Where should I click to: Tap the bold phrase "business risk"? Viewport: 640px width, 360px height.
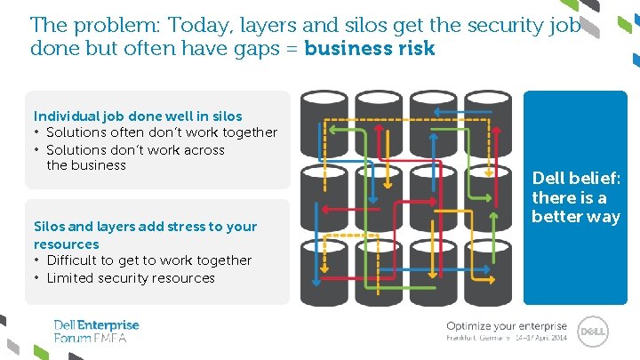click(x=370, y=49)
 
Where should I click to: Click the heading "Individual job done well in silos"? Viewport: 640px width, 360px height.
click(x=138, y=116)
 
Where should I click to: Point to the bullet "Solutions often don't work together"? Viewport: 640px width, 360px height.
click(x=162, y=132)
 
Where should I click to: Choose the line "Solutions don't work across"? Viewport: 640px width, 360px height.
click(x=135, y=149)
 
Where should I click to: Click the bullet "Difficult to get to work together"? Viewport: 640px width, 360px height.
click(x=148, y=260)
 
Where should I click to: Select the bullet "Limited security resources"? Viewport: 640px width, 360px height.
click(x=131, y=277)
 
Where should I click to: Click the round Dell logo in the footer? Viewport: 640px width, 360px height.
click(x=593, y=332)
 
